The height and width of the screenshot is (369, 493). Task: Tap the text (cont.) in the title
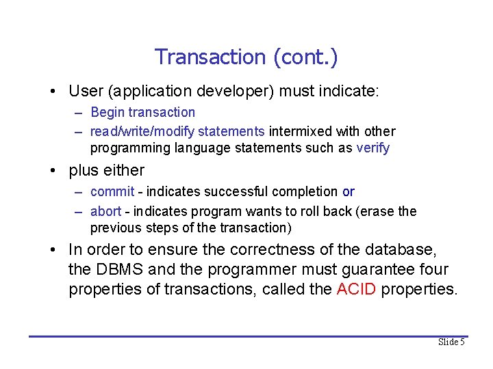(305, 57)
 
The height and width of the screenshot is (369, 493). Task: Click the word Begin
(106, 112)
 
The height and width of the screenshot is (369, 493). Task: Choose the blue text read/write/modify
(142, 131)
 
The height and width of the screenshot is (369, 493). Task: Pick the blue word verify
(372, 148)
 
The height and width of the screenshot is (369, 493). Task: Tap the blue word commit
(112, 192)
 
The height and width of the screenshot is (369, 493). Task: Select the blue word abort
(105, 211)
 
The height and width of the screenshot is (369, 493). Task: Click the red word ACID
(356, 289)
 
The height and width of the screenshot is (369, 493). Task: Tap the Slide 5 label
(451, 342)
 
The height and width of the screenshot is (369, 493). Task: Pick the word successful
(232, 192)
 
